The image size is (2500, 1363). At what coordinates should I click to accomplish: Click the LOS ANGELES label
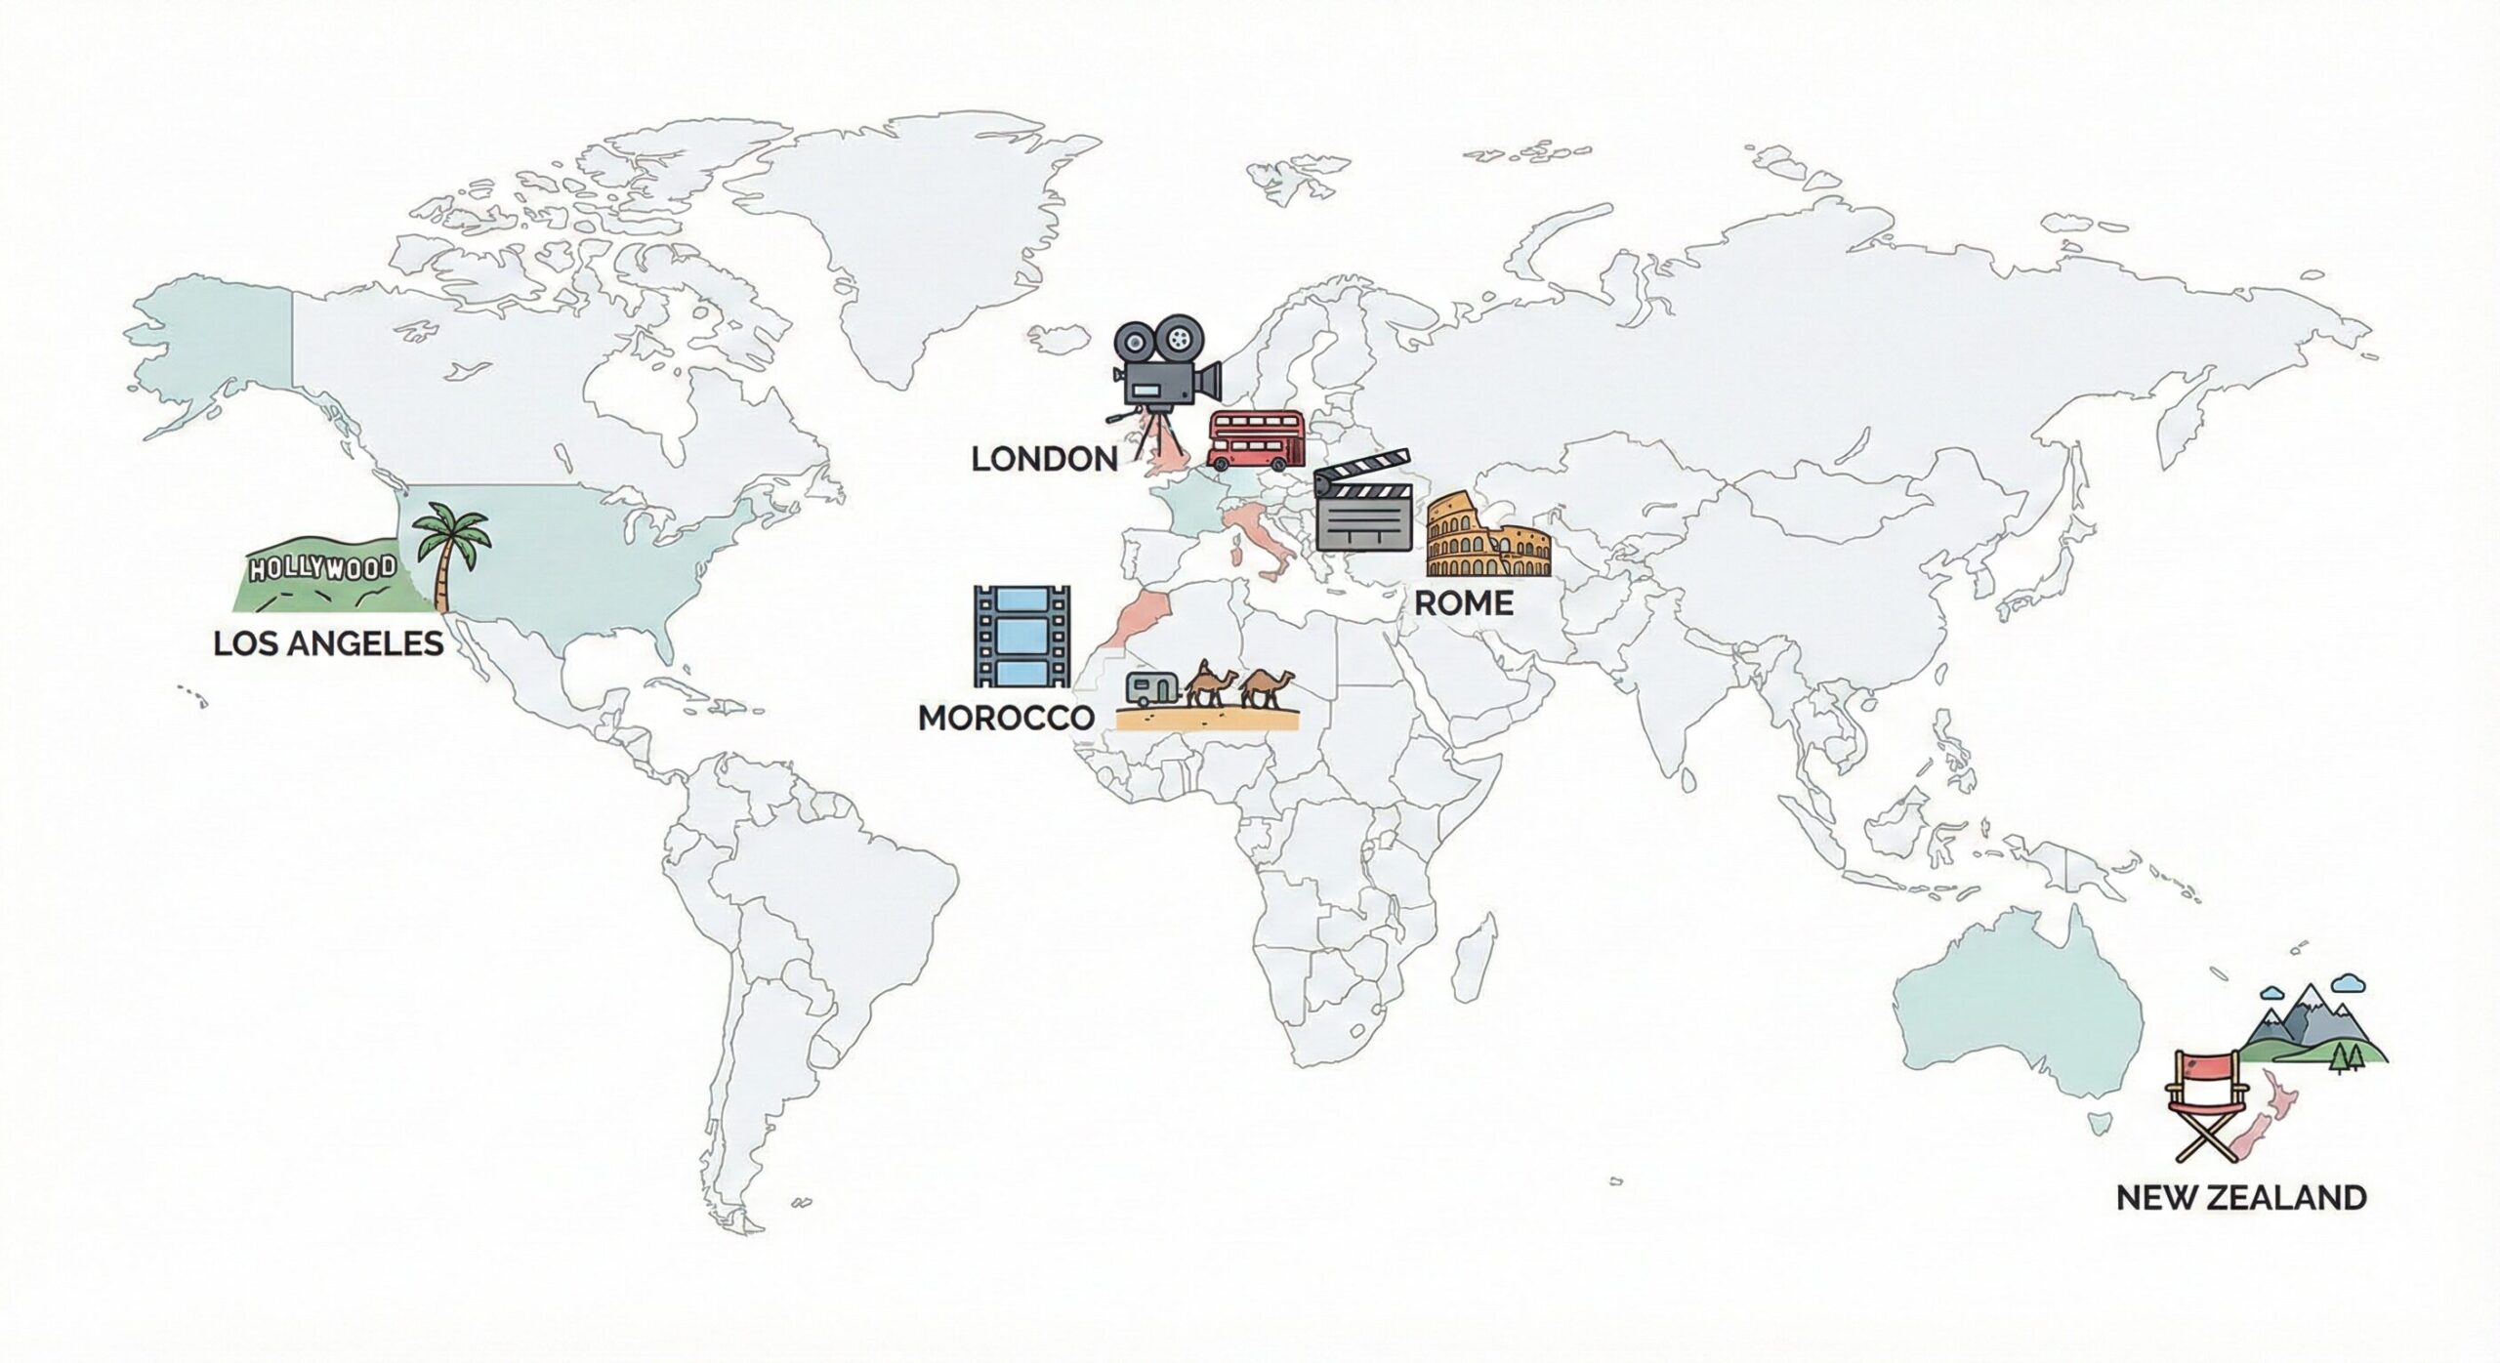pos(328,644)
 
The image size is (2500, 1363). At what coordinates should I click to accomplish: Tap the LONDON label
pos(1044,459)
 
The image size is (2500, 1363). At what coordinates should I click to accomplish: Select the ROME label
pos(1463,603)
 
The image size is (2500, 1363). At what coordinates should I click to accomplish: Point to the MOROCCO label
pos(1006,718)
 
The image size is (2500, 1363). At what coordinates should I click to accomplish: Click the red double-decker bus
pos(1256,440)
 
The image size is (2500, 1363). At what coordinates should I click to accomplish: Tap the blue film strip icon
pos(1021,637)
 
